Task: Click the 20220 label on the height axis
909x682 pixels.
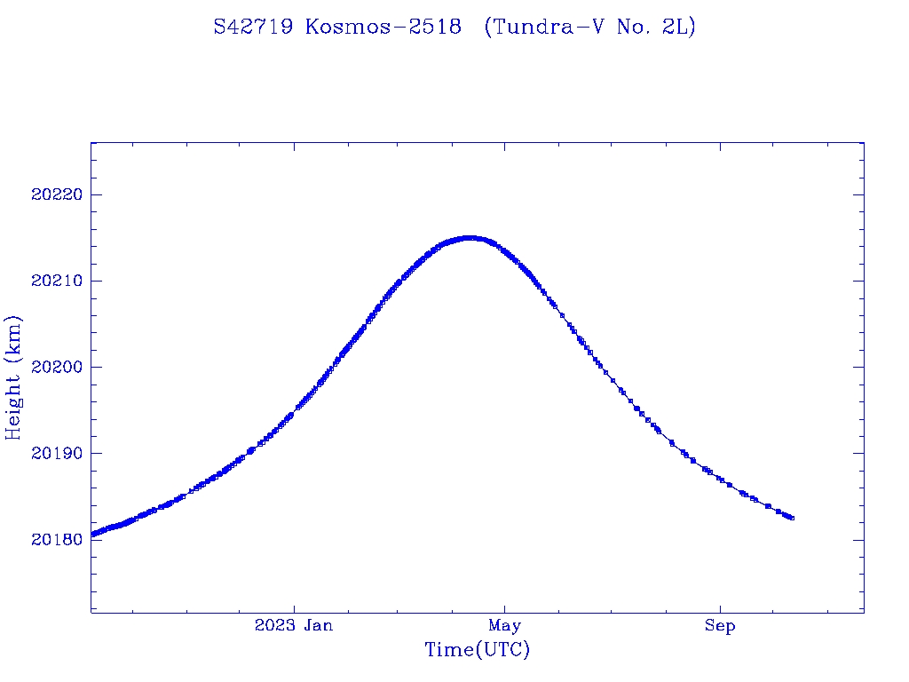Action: (54, 194)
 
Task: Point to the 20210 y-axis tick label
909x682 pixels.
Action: (54, 281)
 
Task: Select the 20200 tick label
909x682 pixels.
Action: (54, 367)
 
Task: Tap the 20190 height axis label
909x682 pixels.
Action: (54, 453)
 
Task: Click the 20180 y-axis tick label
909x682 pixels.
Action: (54, 540)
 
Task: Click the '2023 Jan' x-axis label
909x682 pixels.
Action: (294, 625)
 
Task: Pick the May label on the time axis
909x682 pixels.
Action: (504, 625)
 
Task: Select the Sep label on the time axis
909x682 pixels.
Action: (720, 625)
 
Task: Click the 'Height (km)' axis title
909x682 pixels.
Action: (13, 377)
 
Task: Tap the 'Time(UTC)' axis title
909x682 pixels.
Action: (477, 650)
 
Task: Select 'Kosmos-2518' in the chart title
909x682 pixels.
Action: (383, 27)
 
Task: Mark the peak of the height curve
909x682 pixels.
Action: (470, 238)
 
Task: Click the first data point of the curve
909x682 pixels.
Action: (92, 535)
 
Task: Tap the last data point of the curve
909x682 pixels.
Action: (791, 518)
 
